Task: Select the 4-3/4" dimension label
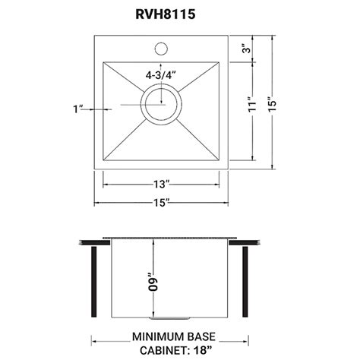click(x=162, y=75)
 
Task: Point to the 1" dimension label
click(x=78, y=109)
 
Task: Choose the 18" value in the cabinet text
click(x=202, y=350)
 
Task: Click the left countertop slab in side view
click(x=95, y=243)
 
